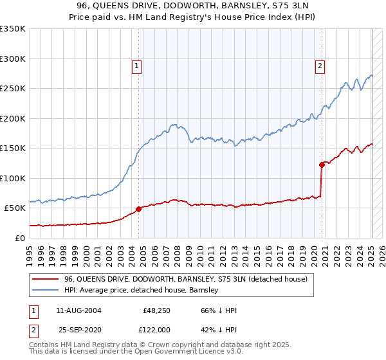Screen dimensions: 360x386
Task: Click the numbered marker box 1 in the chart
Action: coord(137,65)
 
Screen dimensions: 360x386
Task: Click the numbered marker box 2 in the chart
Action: coord(320,65)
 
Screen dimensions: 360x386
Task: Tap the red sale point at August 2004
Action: coord(138,209)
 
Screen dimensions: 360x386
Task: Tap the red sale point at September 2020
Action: coord(322,165)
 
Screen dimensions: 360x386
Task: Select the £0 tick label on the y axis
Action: coord(21,238)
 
